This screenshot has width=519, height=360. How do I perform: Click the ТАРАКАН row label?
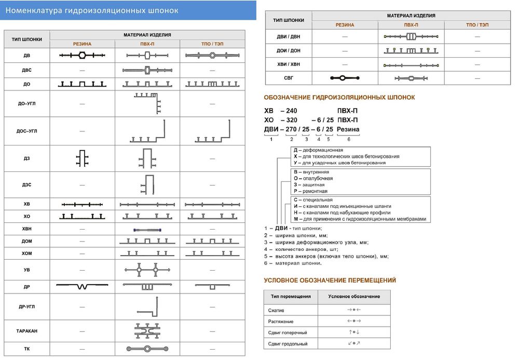click(26, 331)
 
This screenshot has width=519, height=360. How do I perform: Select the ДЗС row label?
click(26, 185)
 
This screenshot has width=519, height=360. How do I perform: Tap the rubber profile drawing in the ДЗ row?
click(83, 158)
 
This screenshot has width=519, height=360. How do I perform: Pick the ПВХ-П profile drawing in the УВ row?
click(147, 270)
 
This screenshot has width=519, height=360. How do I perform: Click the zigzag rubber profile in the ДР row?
click(83, 286)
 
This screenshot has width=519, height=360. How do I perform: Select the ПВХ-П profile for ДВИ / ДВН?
click(411, 36)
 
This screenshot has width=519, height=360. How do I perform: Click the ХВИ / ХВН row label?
click(289, 65)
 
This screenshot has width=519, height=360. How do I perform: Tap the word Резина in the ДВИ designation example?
click(348, 129)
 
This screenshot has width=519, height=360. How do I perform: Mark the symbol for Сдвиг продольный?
click(354, 344)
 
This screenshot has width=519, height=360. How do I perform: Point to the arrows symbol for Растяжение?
click(354, 321)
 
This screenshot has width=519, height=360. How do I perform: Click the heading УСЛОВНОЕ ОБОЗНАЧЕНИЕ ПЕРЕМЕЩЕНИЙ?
click(330, 281)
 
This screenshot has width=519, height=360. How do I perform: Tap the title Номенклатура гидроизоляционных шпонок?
click(91, 10)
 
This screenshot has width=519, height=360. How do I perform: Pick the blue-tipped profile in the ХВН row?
click(147, 230)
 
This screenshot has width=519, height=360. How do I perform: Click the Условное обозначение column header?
click(354, 297)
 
